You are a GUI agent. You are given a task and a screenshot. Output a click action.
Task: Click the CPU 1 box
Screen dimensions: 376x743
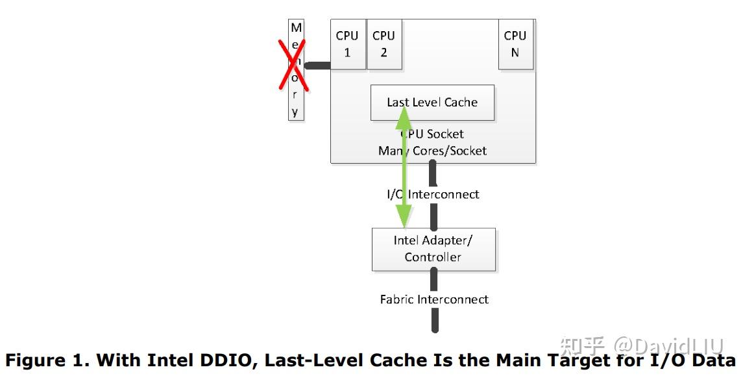tap(347, 44)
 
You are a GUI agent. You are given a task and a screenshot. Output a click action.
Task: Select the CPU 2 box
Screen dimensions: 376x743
tap(384, 44)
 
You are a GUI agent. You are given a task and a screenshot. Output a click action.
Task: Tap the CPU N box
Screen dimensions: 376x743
tap(515, 44)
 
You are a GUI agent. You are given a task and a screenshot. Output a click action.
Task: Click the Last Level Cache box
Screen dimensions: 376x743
tap(432, 102)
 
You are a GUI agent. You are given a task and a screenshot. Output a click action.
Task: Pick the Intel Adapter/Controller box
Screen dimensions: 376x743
tap(433, 249)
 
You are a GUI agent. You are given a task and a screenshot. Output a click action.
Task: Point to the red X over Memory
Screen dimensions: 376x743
tap(293, 64)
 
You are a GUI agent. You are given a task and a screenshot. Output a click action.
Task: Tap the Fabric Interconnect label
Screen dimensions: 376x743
tap(433, 299)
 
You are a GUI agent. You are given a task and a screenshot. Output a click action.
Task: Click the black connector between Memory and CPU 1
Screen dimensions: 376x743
tap(318, 65)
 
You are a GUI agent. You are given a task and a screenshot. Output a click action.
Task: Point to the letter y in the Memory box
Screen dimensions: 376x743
tap(295, 112)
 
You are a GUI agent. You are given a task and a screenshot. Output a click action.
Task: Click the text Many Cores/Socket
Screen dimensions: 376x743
tap(432, 151)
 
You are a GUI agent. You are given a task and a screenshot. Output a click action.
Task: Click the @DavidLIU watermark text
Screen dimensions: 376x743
tap(668, 345)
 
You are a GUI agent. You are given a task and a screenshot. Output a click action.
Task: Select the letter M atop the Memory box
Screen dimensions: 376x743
tap(296, 28)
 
